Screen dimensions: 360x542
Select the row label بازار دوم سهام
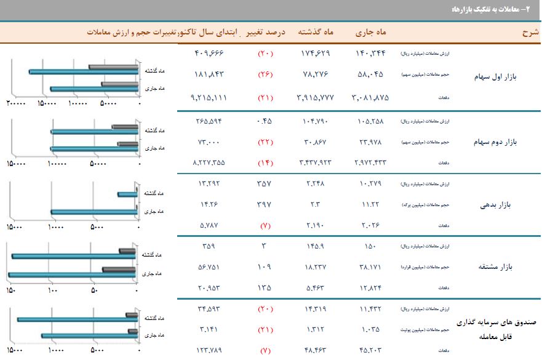[x=496, y=142]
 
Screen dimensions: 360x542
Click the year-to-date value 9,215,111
[x=209, y=97]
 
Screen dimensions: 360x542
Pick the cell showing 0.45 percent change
[x=265, y=121]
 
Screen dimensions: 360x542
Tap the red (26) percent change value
[x=265, y=75]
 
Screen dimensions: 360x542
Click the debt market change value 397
[x=265, y=204]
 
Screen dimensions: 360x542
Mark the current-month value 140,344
[x=371, y=53]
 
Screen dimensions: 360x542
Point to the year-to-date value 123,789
[x=208, y=351]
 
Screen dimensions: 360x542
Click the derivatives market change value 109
[x=265, y=268]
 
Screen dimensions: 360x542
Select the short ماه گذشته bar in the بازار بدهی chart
[x=128, y=194]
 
